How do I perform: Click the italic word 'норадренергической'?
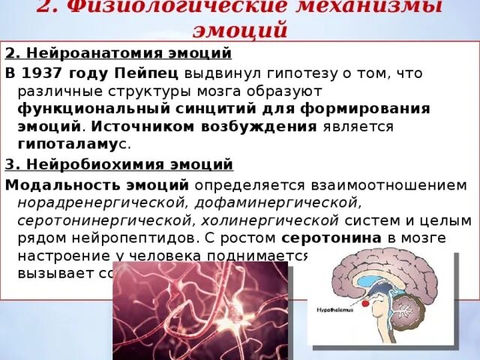[x=102, y=202]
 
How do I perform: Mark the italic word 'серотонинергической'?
[x=100, y=220]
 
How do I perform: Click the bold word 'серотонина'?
[x=329, y=238]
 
